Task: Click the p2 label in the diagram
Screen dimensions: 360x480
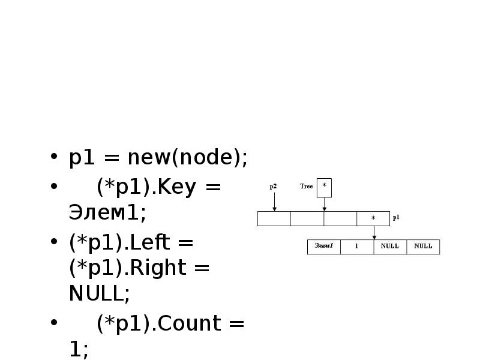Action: [273, 187]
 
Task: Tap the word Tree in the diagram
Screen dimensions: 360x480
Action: [307, 187]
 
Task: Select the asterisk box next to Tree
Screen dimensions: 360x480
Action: [324, 187]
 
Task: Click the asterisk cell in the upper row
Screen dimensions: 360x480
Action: [373, 218]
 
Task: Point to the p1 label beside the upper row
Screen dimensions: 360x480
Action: [396, 218]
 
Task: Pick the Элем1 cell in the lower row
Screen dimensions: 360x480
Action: [324, 247]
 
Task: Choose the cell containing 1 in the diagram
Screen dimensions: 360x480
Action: [356, 247]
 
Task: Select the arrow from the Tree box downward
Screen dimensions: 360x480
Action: [324, 204]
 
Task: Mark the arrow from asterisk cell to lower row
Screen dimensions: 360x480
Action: [373, 233]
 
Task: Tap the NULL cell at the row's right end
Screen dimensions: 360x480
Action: [423, 247]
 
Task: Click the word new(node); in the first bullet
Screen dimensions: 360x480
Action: [187, 158]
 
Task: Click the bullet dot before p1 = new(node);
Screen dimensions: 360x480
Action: [55, 160]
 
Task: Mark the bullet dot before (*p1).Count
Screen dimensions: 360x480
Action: [55, 325]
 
